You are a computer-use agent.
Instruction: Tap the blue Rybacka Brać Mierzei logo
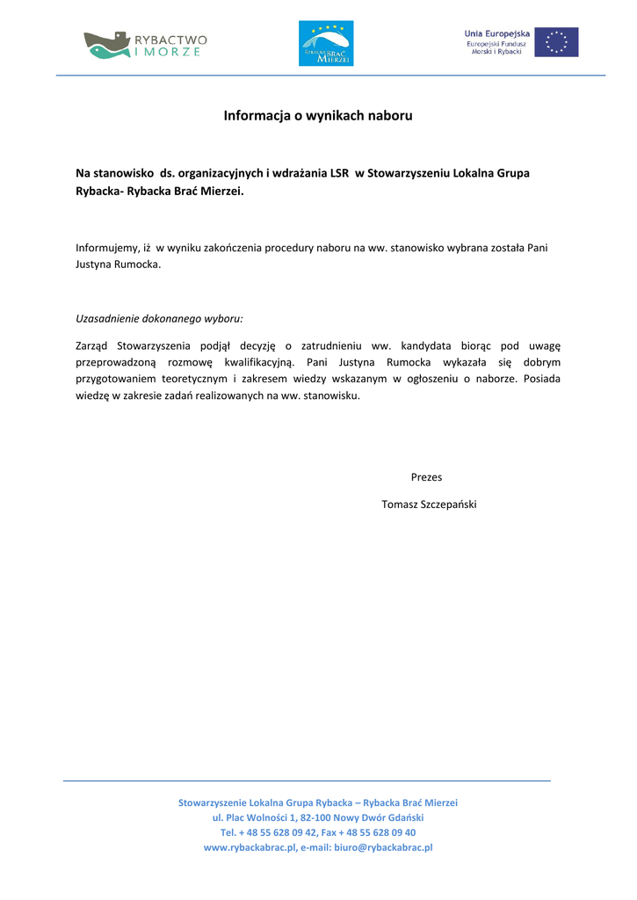(x=326, y=43)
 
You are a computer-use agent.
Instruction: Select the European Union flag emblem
(x=557, y=42)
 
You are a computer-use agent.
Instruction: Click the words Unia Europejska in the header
(x=497, y=33)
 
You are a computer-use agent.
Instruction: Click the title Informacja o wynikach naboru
(x=318, y=115)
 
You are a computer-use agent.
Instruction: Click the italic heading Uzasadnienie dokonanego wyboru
(x=159, y=318)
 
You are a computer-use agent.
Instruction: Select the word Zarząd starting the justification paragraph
(x=93, y=345)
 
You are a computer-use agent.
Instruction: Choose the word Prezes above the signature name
(x=426, y=477)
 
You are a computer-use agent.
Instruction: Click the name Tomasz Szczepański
(x=429, y=504)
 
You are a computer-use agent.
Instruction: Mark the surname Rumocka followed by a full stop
(x=139, y=265)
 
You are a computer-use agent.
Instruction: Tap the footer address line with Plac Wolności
(x=318, y=817)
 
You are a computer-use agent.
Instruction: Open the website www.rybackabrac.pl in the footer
(x=249, y=847)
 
